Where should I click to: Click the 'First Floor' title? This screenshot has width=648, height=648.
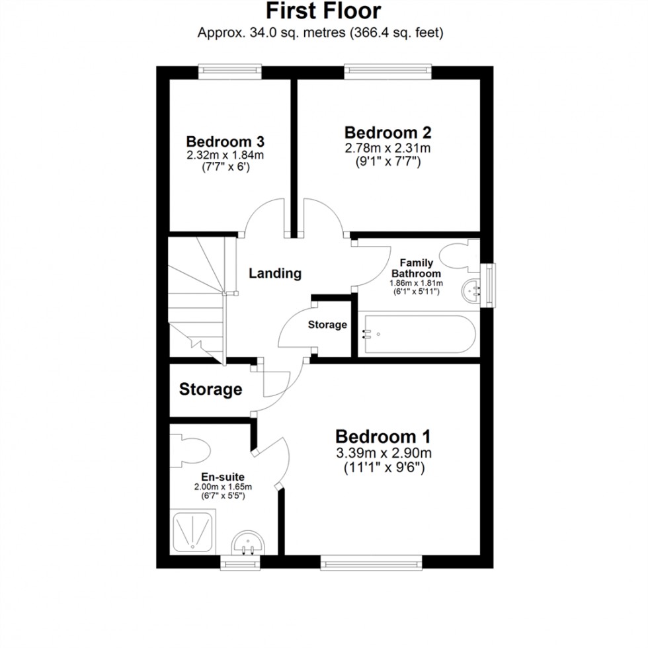pos(323,11)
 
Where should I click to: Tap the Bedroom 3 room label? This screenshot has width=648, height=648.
pos(225,142)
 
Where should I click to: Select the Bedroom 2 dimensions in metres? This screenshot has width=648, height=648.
pos(387,147)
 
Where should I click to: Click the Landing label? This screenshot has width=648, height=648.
pos(275,272)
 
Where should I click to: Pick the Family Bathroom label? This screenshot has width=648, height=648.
pos(416,268)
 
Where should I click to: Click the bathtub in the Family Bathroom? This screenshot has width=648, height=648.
pos(415,335)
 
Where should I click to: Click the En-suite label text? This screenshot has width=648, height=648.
pos(223,475)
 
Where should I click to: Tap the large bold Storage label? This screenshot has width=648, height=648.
pos(210,389)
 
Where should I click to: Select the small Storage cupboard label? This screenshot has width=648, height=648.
pos(327,325)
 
